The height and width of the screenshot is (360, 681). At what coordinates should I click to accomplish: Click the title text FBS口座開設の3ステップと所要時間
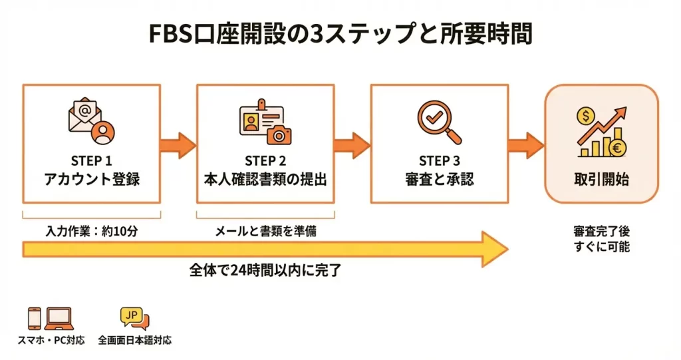(340, 34)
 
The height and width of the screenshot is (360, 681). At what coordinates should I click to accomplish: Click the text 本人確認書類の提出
(265, 179)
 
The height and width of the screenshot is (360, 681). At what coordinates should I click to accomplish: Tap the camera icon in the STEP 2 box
(279, 134)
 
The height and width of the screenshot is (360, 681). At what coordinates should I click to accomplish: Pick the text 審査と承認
(440, 179)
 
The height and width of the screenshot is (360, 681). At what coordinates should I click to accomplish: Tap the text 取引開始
(601, 179)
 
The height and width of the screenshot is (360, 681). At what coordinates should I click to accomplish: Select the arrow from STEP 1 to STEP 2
(178, 144)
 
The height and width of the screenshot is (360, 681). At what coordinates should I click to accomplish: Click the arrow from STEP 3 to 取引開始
(525, 144)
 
